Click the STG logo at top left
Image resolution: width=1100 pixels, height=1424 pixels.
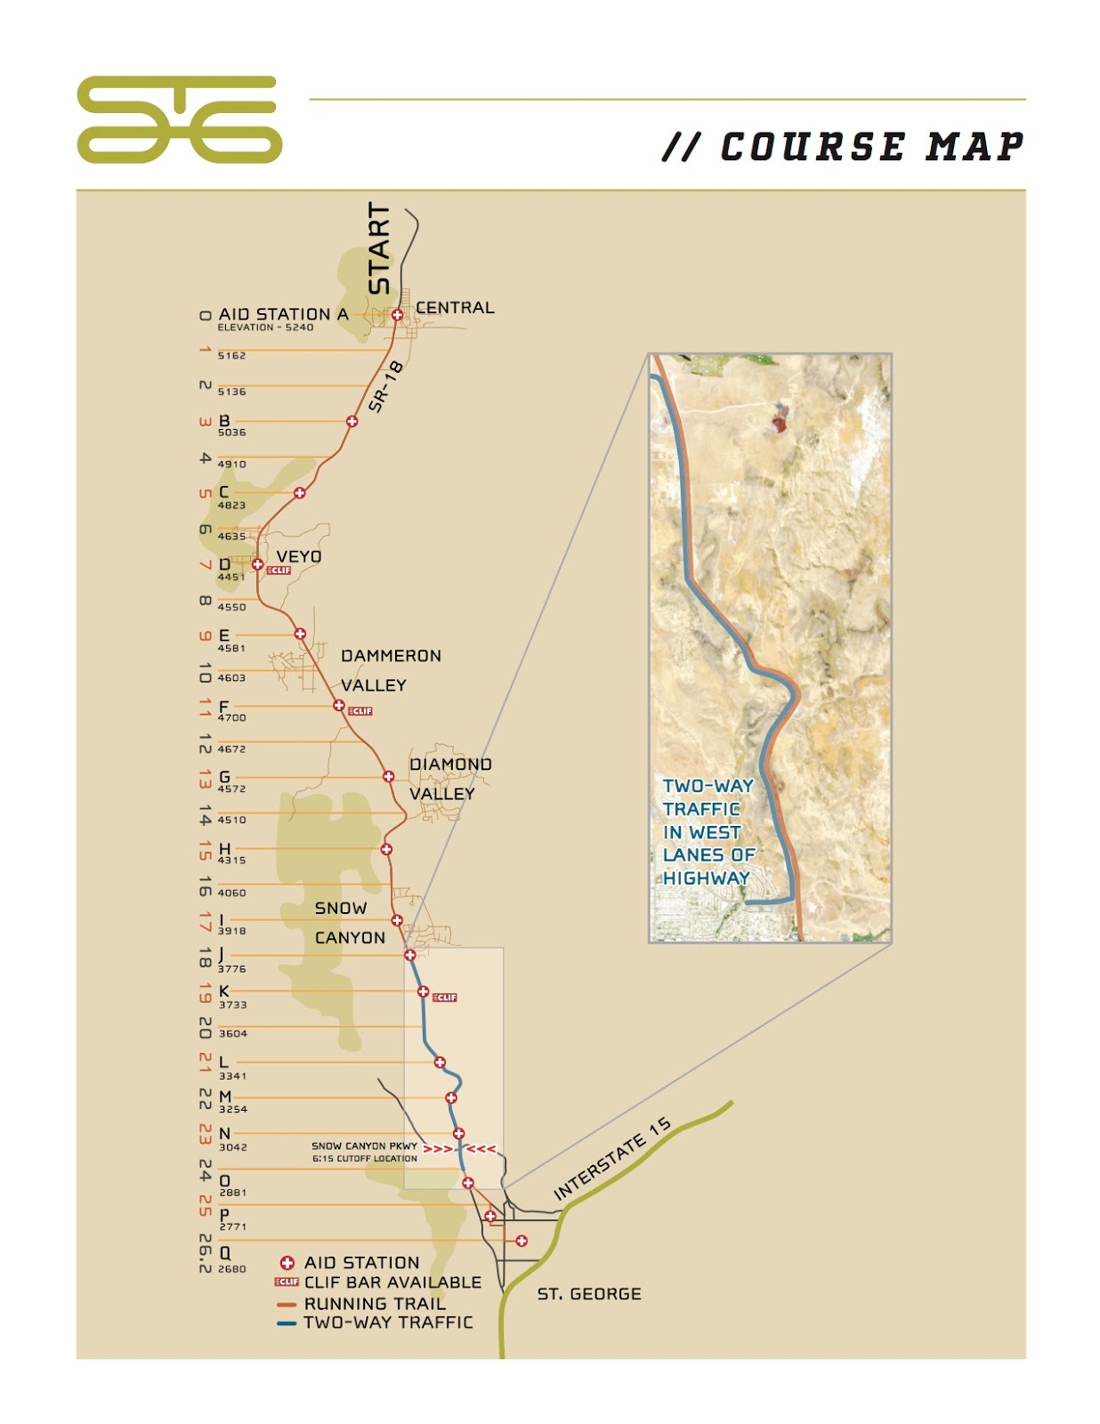pyautogui.click(x=179, y=119)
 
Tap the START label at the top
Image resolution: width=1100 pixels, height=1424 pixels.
pyautogui.click(x=379, y=247)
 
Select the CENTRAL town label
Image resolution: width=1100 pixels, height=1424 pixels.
pyautogui.click(x=455, y=308)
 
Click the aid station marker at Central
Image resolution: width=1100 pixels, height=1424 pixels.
pyautogui.click(x=398, y=314)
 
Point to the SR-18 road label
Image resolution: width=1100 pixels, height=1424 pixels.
pyautogui.click(x=386, y=387)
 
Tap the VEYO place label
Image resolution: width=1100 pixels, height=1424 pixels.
pyautogui.click(x=299, y=556)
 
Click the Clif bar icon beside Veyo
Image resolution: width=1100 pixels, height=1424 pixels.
pyautogui.click(x=279, y=570)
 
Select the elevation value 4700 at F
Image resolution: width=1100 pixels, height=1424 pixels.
pyautogui.click(x=231, y=717)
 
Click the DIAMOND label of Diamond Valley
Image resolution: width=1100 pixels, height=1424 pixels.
pyautogui.click(x=450, y=765)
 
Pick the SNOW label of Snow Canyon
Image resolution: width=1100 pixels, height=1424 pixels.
pyautogui.click(x=341, y=908)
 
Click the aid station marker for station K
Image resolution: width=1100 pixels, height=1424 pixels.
pyautogui.click(x=424, y=991)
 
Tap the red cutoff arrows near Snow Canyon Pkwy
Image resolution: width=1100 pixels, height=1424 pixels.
pyautogui.click(x=459, y=1149)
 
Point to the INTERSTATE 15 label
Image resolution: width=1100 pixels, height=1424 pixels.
pyautogui.click(x=612, y=1159)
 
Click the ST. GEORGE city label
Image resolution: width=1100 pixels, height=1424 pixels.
pyautogui.click(x=589, y=1294)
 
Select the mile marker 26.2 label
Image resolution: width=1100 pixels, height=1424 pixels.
pyautogui.click(x=205, y=1252)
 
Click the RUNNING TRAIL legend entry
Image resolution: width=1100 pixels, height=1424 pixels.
pyautogui.click(x=374, y=1303)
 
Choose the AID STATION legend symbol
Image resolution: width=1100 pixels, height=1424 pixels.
pyautogui.click(x=287, y=1263)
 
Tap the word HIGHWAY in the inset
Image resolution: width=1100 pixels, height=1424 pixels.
pyautogui.click(x=707, y=878)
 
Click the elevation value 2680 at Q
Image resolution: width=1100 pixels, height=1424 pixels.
pyautogui.click(x=231, y=1269)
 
